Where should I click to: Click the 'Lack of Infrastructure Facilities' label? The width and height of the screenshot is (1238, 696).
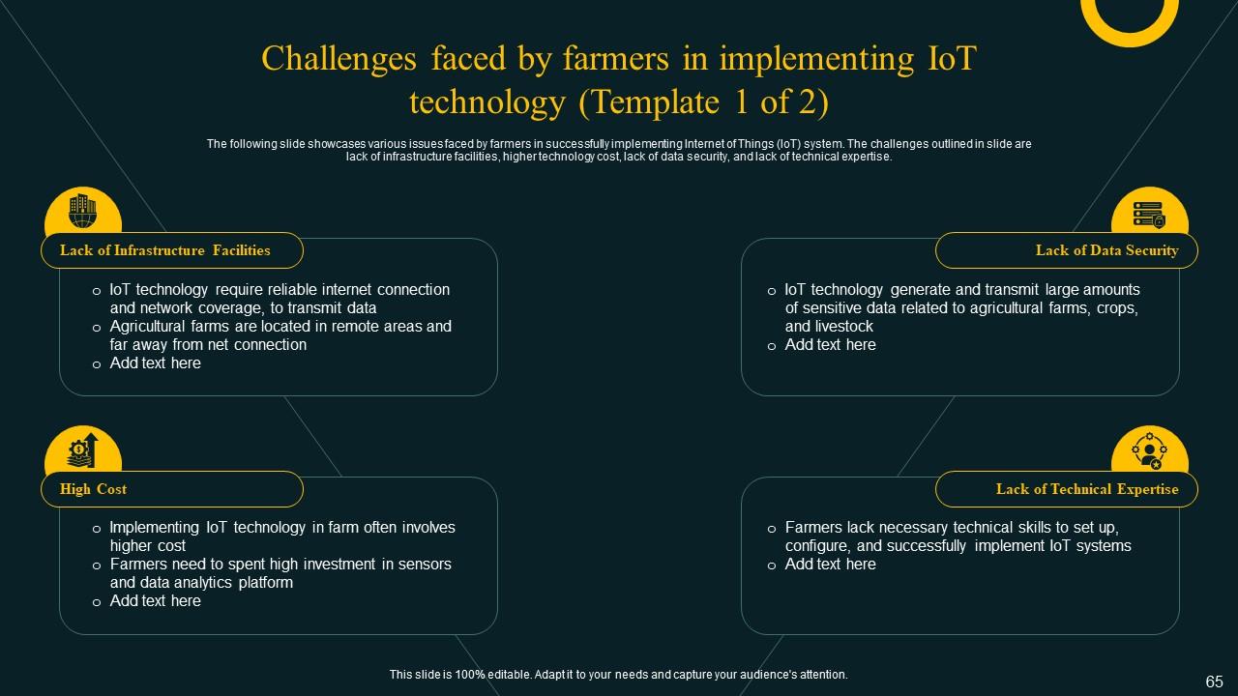coord(165,250)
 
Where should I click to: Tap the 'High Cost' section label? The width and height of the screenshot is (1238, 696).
coord(94,489)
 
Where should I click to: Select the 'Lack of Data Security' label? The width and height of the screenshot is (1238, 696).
coord(1106,250)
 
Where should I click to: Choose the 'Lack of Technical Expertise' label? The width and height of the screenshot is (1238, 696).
coord(1087,489)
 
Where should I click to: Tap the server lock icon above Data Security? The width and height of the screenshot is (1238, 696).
coord(1149,212)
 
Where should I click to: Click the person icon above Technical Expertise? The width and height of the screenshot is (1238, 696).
coord(1149,450)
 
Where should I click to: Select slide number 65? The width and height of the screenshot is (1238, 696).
coord(1214,681)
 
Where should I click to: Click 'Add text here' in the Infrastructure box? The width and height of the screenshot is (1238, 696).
coord(156,363)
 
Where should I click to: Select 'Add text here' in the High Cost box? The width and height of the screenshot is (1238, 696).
coord(156,601)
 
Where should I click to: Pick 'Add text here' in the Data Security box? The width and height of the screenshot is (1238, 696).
coord(831,345)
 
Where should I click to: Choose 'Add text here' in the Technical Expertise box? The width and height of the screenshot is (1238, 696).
coord(831,565)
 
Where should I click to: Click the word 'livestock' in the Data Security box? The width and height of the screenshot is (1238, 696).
coord(844,327)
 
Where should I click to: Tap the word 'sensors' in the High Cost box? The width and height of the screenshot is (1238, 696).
coord(425,565)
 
